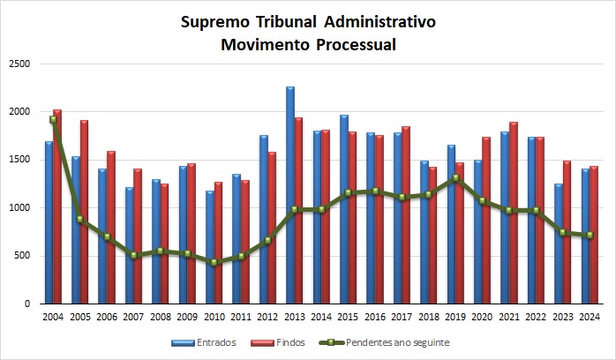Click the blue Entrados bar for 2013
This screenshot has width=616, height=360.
(x=289, y=194)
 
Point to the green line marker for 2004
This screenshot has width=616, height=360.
(x=53, y=120)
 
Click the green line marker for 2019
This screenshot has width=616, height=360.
(x=454, y=178)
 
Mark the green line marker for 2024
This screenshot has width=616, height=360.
(x=589, y=235)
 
